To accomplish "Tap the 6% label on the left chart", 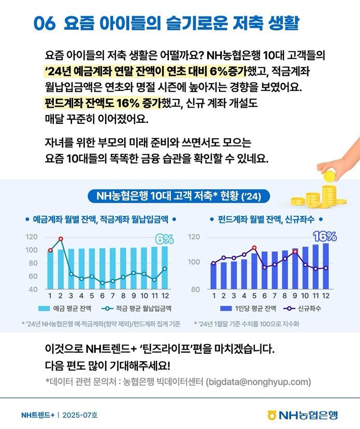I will tap(165, 239).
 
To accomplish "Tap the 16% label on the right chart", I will tap(325, 237).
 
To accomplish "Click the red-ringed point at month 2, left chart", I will tap(61, 239).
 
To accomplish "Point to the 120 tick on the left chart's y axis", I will tap(32, 237).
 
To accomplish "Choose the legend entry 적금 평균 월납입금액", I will tap(137, 308).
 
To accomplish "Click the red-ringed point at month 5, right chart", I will tap(254, 248).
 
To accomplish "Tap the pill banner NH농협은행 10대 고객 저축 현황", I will tap(179, 196).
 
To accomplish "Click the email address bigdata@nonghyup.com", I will tap(258, 382).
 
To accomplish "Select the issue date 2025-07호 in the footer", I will tap(80, 415).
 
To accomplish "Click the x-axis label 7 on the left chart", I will tap(112, 296).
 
